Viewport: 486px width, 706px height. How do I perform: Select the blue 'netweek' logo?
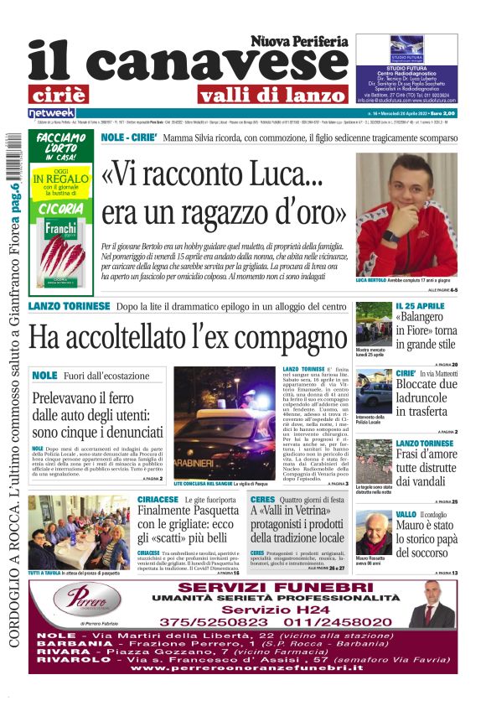click(x=52, y=113)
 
